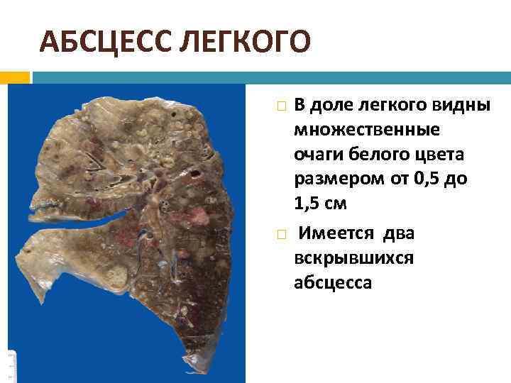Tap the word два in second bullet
click(397, 233)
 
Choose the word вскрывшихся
click(354, 258)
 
